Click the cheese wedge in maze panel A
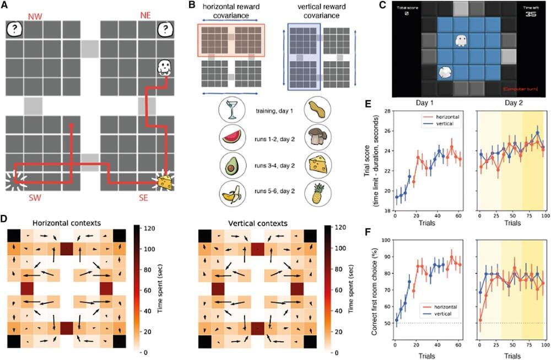164,181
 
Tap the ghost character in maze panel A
164,67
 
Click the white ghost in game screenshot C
461,41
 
